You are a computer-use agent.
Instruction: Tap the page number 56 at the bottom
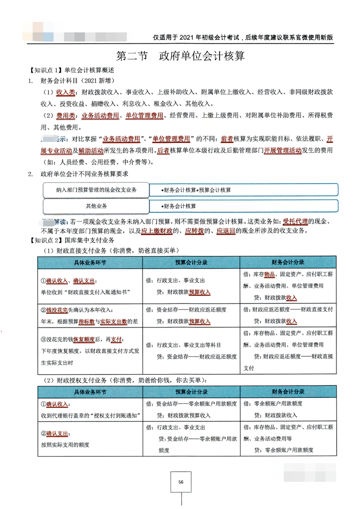pyautogui.click(x=181, y=481)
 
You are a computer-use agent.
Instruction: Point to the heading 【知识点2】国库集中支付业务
pyautogui.click(x=71, y=240)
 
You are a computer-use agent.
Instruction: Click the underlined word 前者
pyautogui.click(x=226, y=139)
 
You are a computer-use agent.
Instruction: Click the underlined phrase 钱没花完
pyautogui.click(x=57, y=311)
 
